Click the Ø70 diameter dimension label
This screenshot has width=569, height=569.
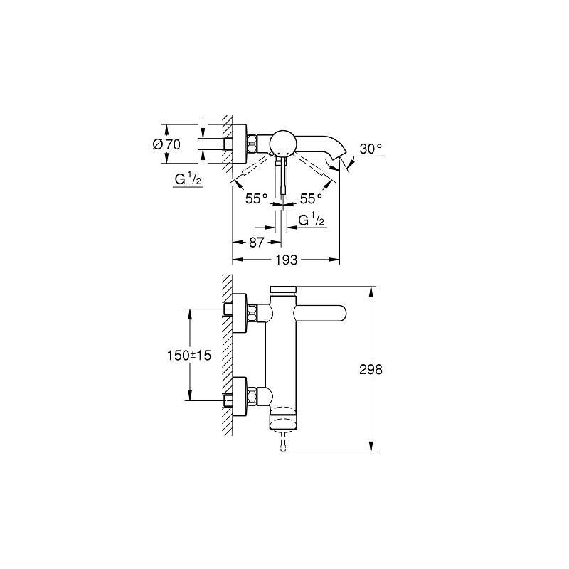166,144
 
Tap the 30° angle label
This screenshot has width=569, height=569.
371,149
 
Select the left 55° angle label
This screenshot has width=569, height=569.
256,198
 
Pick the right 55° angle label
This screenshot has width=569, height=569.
311,198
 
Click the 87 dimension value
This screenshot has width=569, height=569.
256,242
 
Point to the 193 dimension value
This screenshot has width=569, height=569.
287,260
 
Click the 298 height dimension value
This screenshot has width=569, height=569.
371,369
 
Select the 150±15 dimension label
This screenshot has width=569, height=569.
189,355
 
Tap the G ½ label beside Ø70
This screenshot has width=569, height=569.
188,179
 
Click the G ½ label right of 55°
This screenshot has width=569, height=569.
311,220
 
